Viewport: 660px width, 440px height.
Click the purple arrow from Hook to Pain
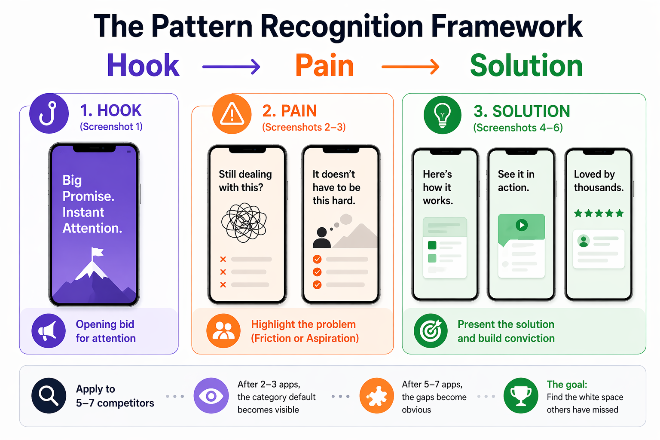[231, 67]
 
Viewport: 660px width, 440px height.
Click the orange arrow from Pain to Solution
[410, 67]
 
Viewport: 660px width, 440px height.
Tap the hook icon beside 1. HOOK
[49, 113]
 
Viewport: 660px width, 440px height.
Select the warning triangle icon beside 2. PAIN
[232, 114]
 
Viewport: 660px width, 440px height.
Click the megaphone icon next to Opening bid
[48, 331]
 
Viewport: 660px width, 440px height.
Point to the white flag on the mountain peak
[97, 253]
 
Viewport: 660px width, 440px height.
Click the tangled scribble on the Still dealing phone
[244, 223]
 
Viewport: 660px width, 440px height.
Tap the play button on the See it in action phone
[522, 225]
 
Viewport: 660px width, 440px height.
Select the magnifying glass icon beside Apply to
[49, 395]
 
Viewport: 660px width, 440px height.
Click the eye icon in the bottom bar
[211, 395]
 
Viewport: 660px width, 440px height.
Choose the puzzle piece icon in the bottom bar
[377, 395]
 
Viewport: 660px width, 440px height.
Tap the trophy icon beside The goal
[521, 395]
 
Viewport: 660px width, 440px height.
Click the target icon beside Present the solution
[431, 331]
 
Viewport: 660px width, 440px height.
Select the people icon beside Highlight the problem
[223, 331]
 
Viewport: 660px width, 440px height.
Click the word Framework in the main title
[507, 27]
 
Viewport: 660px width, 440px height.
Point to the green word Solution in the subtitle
[526, 66]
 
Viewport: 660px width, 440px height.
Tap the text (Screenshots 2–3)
[304, 127]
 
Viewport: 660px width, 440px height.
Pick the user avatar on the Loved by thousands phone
[583, 241]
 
